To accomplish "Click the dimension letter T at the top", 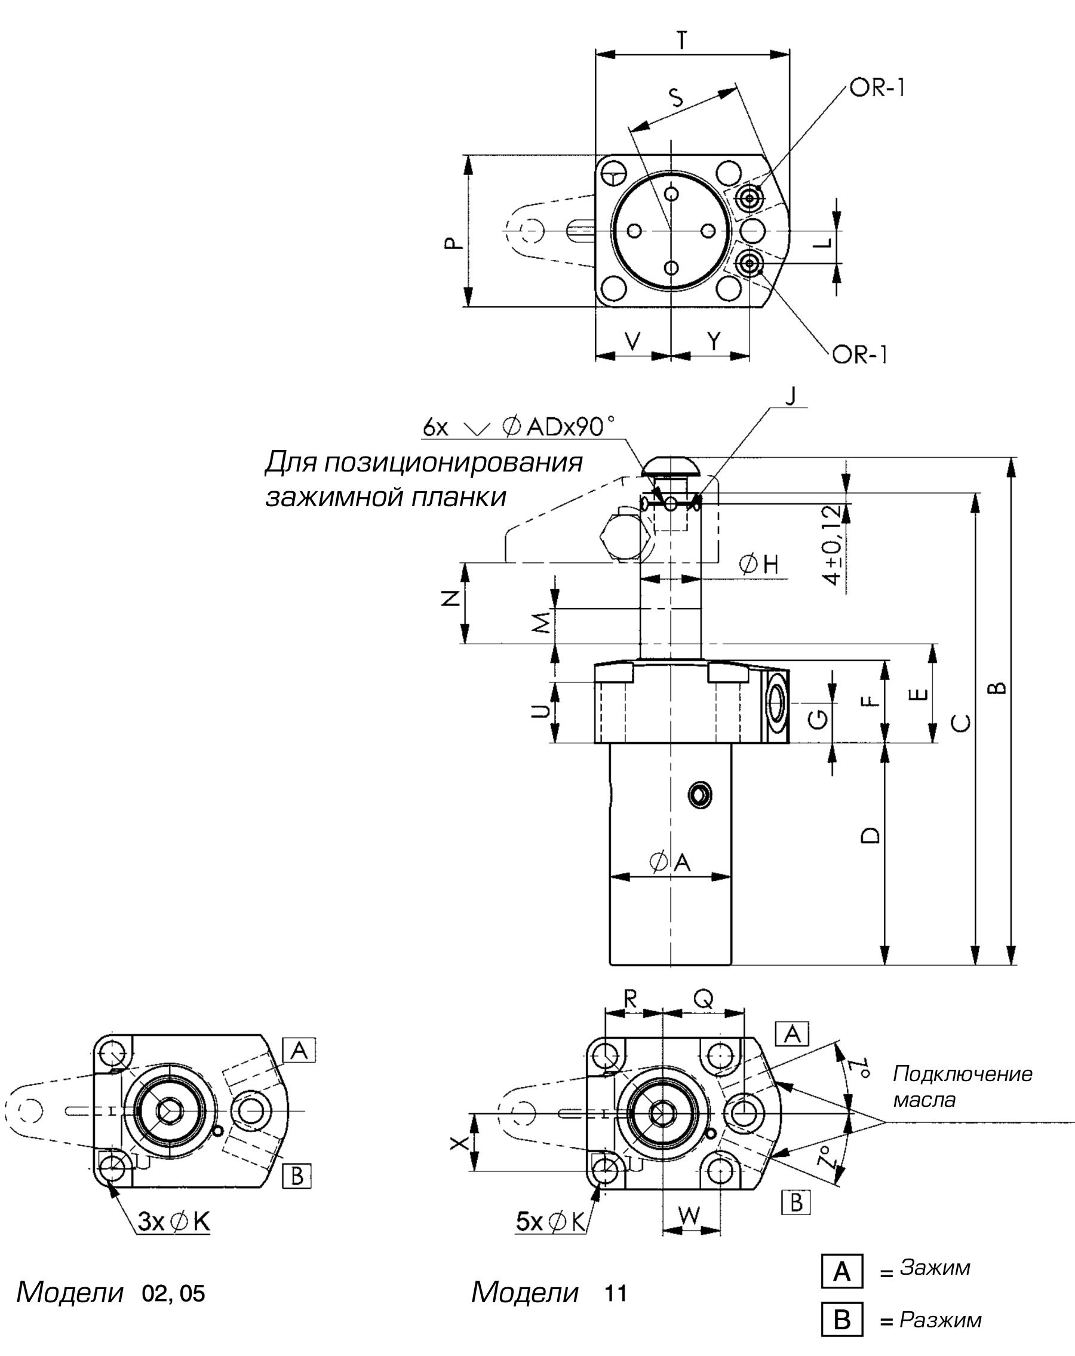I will [682, 41].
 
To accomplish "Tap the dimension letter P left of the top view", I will [453, 243].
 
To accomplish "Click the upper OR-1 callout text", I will [877, 88].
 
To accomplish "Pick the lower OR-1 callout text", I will [859, 356].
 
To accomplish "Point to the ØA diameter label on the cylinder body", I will [671, 863].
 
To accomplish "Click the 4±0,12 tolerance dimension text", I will [834, 544].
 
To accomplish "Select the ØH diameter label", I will [759, 565].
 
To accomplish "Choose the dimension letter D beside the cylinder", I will [871, 835].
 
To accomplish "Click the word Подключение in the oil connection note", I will [962, 1073].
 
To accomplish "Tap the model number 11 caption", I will [616, 1288].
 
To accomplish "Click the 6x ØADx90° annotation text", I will [518, 428].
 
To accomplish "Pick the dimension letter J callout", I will [791, 396].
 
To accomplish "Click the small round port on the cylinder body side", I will [699, 794].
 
